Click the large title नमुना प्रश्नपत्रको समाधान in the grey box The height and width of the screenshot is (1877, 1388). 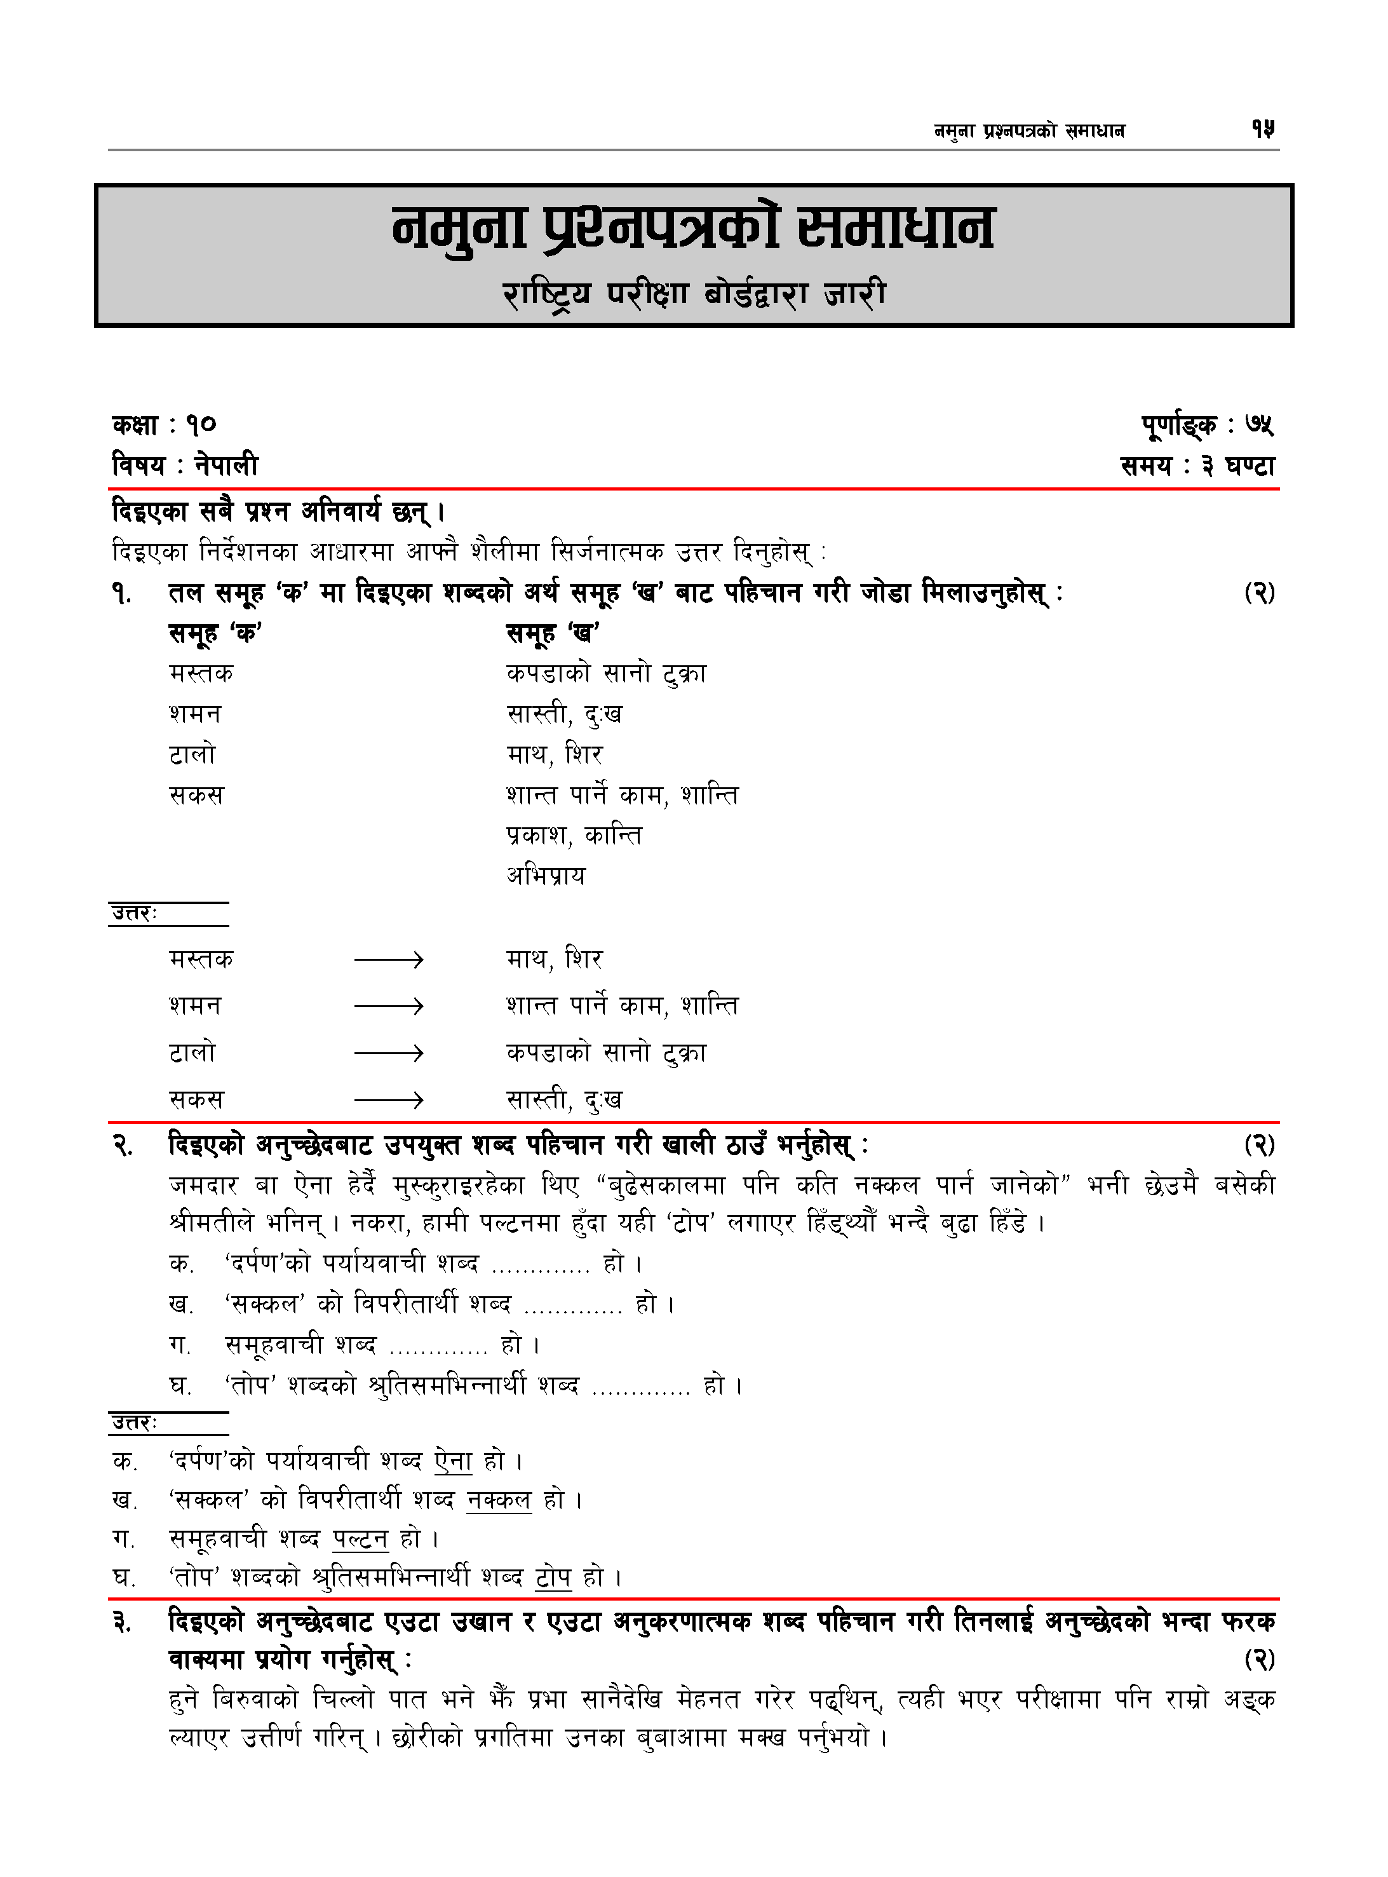click(x=693, y=229)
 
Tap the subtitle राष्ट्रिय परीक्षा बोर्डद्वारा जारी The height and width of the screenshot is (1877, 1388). click(x=694, y=294)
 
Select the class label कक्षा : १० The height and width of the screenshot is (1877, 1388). click(x=165, y=425)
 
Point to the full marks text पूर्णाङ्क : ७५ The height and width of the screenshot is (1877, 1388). click(x=1208, y=426)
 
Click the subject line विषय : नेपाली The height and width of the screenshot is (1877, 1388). click(x=185, y=464)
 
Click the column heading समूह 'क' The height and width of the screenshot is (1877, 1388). click(x=216, y=633)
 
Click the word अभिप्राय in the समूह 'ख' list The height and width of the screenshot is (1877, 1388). click(x=546, y=876)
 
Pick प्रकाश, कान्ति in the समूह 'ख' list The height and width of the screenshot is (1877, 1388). click(x=574, y=835)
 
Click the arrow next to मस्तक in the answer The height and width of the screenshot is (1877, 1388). click(x=388, y=959)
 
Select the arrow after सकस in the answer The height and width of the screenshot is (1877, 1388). click(x=388, y=1100)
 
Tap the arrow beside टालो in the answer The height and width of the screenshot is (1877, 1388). click(x=388, y=1053)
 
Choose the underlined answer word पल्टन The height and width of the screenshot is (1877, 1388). click(x=360, y=1538)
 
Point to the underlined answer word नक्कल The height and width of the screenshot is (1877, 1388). click(x=499, y=1500)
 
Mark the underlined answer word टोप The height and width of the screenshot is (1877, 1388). click(x=553, y=1577)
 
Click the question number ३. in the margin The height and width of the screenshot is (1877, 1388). click(x=123, y=1622)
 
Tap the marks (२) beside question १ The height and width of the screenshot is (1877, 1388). click(x=1258, y=593)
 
